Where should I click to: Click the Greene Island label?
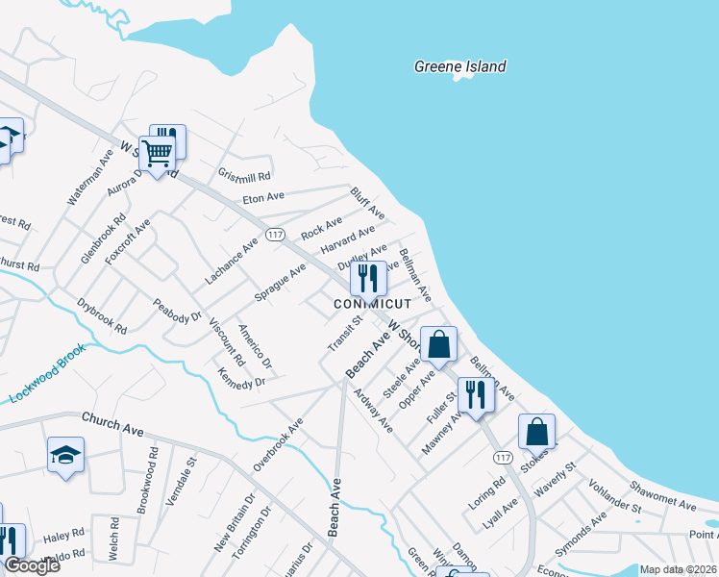pos(459,66)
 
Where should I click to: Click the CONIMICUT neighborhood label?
pos(372,304)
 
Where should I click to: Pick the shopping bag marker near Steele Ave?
pos(438,344)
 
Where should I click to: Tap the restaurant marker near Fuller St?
pos(475,393)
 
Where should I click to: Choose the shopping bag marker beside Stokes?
pos(537,432)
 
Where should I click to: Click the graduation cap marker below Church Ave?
pos(65,456)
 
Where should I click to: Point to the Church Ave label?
pos(112,421)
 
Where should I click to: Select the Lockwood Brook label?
pos(48,373)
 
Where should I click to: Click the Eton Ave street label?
pos(263,196)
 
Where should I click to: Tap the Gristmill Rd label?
pos(244,176)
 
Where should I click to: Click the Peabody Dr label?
pos(177,310)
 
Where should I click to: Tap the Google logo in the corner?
pos(32,565)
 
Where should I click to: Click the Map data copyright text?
pos(678,569)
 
